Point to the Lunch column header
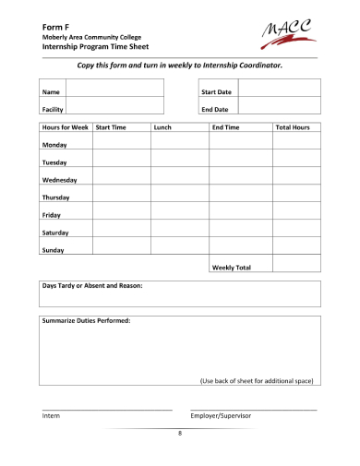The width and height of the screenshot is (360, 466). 163,127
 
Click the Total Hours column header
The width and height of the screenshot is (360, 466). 293,127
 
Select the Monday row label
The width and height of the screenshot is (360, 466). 54,145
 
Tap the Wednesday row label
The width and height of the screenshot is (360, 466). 59,180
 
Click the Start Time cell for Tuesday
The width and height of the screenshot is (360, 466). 121,162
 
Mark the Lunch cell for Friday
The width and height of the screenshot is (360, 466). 179,215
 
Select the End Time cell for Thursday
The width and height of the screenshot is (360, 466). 240,197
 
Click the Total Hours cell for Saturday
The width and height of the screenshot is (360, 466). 296,233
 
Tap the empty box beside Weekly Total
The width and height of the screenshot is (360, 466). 296,267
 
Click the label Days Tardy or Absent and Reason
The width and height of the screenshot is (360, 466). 92,286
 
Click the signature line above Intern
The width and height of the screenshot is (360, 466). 107,408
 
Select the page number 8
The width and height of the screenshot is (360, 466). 180,433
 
